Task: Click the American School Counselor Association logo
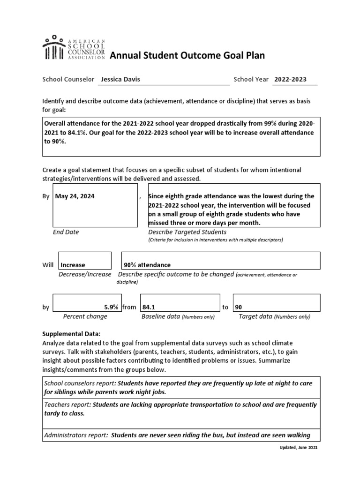tap(74, 47)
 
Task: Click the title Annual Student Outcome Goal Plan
tap(187, 56)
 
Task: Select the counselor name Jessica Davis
tap(120, 79)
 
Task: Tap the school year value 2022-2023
tap(291, 79)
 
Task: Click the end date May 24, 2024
tap(75, 196)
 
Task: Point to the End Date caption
tap(66, 232)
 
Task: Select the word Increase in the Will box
tap(73, 265)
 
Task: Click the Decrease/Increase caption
tap(85, 274)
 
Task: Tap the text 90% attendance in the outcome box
tap(147, 265)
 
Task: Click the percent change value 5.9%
tap(111, 307)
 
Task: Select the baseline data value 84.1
tap(149, 307)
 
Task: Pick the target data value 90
tap(239, 307)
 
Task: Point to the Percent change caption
tap(85, 316)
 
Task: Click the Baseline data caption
tap(161, 316)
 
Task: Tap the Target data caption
tap(255, 316)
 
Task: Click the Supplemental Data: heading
tap(71, 334)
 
